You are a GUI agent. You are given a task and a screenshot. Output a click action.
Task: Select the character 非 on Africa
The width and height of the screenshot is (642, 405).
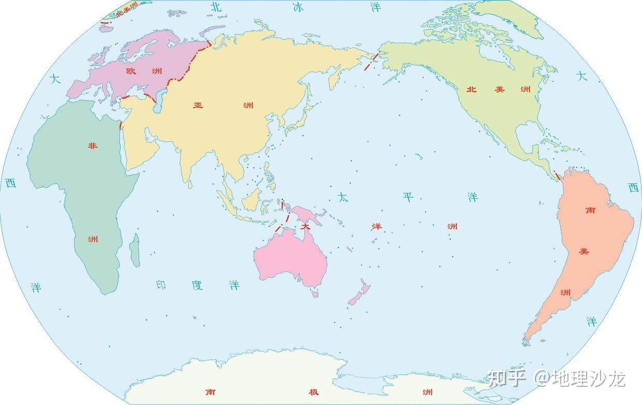coord(93,146)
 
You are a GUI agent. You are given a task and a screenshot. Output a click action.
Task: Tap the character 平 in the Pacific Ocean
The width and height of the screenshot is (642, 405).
coord(408,197)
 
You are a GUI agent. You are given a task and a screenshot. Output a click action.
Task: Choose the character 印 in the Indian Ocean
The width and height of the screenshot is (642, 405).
coord(161,285)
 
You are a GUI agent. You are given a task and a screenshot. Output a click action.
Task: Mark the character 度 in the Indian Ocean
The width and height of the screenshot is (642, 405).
coord(197,285)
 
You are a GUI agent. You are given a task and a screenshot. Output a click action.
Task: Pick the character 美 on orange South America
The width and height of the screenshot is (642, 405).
coord(584,251)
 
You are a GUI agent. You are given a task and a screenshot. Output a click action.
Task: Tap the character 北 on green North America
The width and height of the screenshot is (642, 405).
coord(471,89)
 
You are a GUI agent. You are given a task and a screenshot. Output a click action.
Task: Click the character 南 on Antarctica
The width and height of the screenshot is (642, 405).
coord(210,392)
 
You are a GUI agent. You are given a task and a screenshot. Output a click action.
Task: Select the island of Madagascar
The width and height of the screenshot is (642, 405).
coord(135,250)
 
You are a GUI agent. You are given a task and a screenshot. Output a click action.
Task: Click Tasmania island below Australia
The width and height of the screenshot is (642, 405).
coord(314,294)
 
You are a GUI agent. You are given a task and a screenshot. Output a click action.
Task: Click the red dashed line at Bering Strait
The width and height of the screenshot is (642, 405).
coord(372,61)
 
